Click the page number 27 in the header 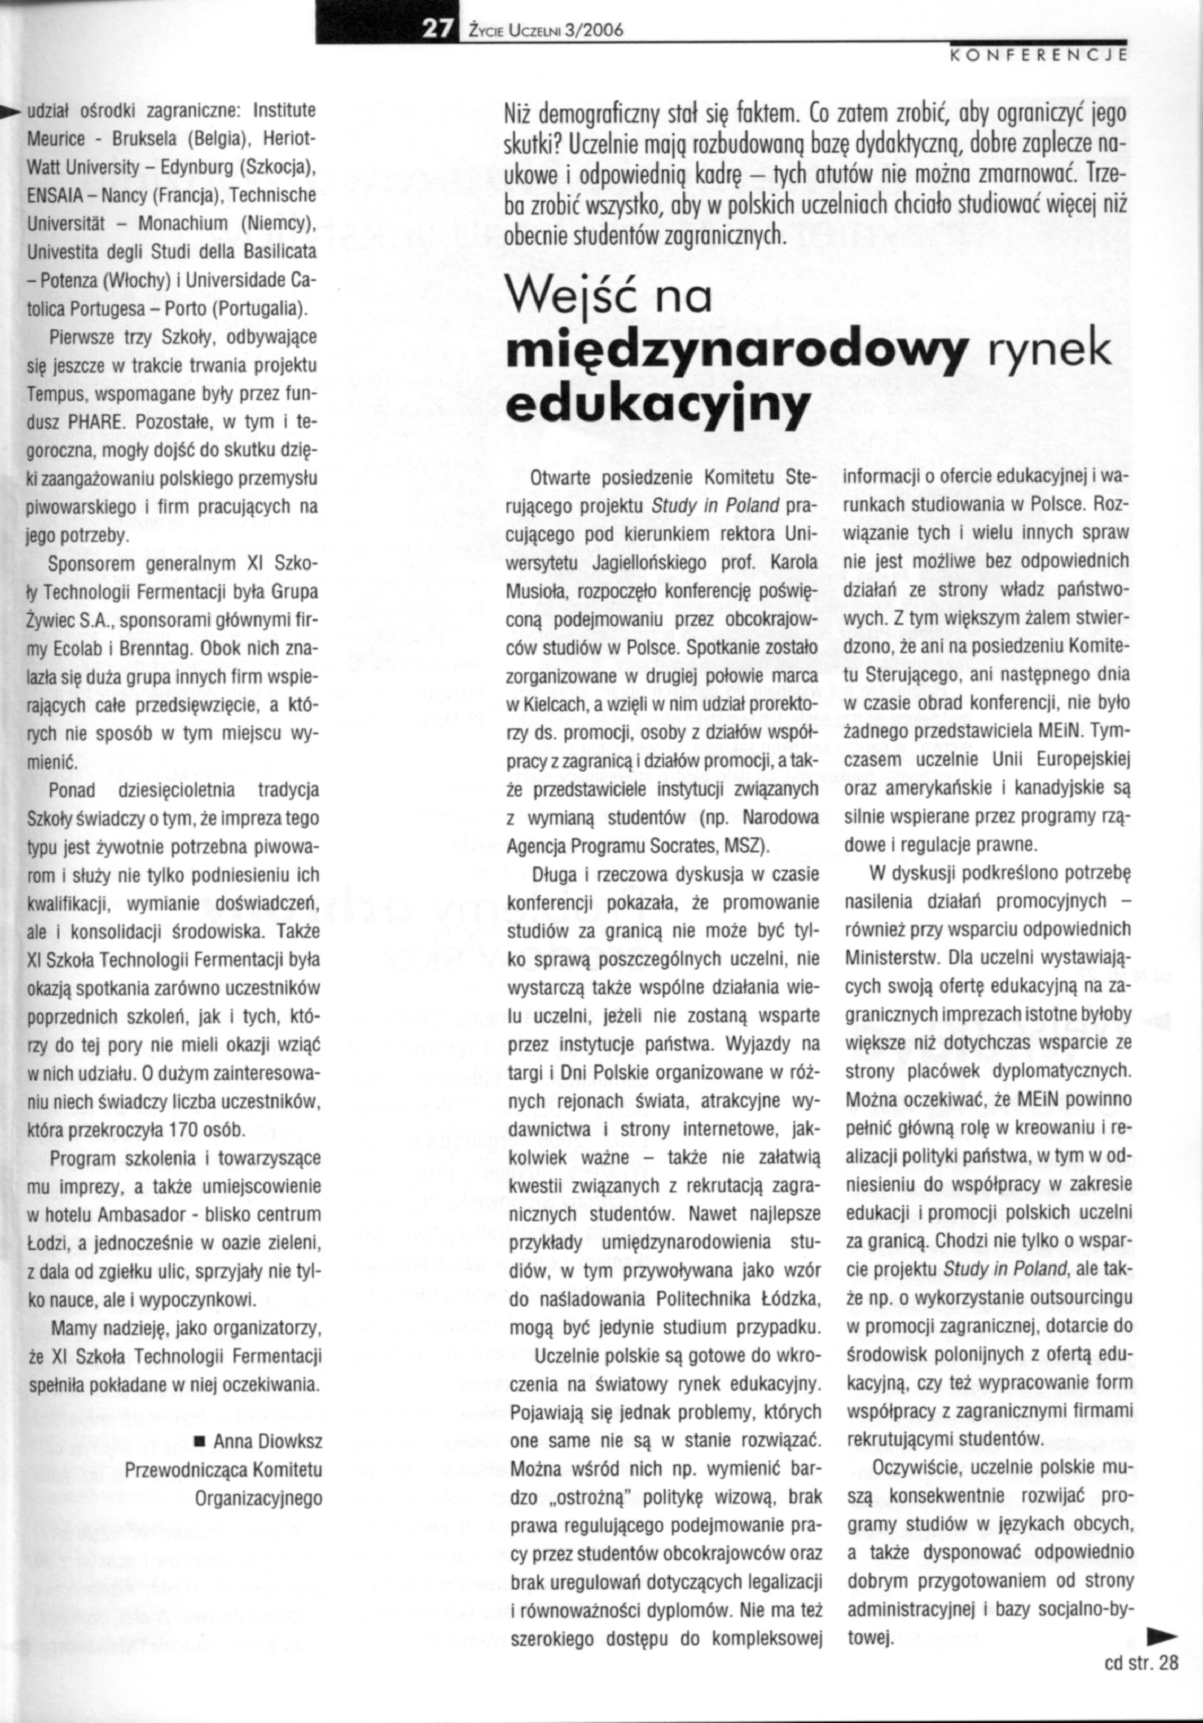point(437,29)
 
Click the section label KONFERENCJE point(1039,55)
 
